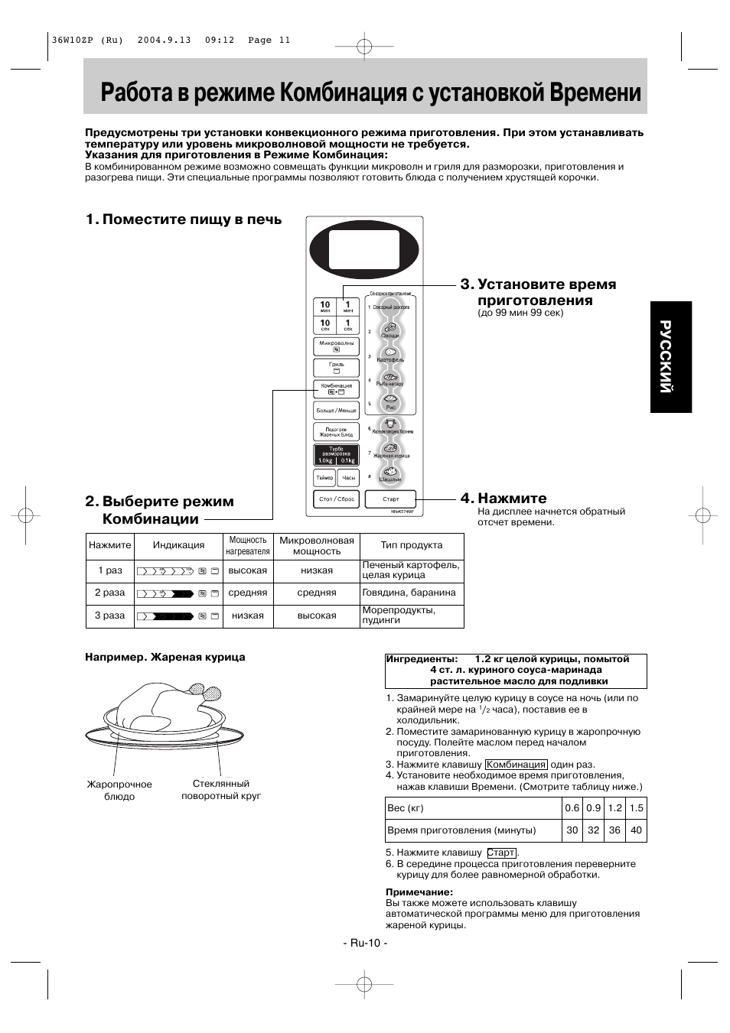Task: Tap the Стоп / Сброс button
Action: point(336,499)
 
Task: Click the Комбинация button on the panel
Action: point(336,388)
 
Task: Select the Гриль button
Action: point(336,367)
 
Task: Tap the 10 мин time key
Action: point(325,307)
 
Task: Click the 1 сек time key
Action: point(348,325)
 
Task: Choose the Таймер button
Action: point(324,478)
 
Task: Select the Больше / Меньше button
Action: point(336,411)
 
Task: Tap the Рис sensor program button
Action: point(390,401)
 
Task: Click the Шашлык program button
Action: point(390,475)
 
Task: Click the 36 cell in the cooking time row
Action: point(614,830)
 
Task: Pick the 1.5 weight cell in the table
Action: point(636,808)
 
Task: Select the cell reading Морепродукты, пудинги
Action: point(412,616)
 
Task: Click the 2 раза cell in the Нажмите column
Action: point(110,593)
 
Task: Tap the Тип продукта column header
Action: point(412,545)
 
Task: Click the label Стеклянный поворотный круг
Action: point(220,790)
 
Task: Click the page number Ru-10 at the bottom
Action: point(365,943)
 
